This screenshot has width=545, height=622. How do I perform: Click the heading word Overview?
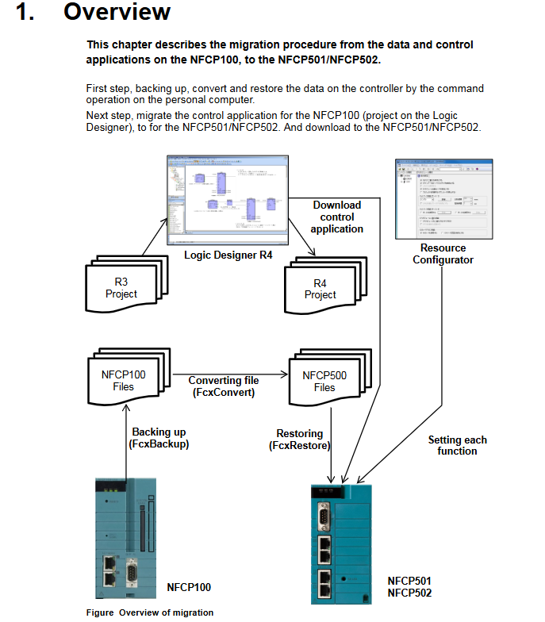point(117,13)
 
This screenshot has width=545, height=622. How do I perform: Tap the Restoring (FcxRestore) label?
point(299,440)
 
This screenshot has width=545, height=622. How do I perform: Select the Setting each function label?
point(457,445)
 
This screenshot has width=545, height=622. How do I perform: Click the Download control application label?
point(337,217)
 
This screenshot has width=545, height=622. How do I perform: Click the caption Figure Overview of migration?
point(150,612)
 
